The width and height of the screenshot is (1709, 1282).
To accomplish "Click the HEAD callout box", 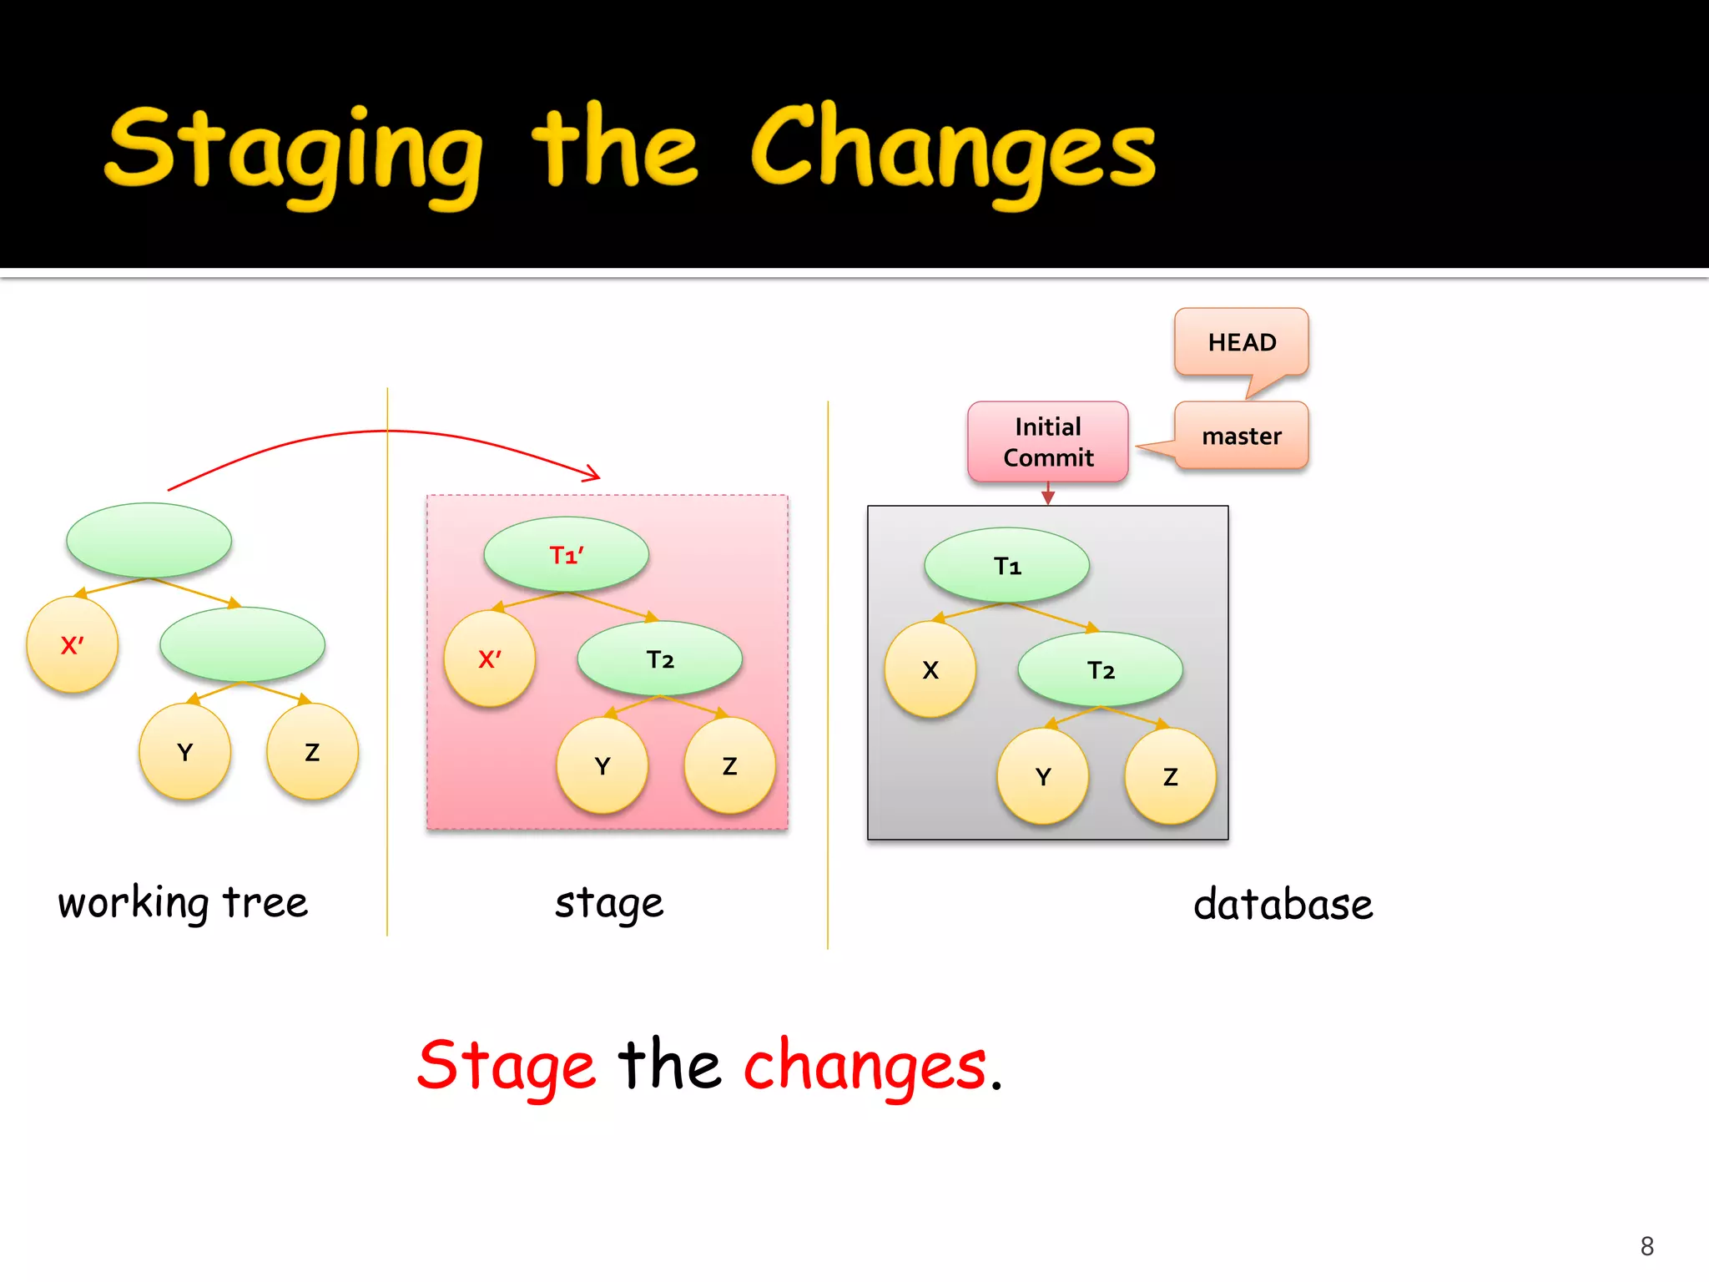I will (1241, 342).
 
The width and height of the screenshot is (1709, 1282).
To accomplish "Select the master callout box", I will (1241, 436).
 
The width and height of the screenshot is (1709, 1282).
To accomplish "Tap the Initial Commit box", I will (1047, 442).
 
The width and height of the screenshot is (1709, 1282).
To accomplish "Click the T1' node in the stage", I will (567, 555).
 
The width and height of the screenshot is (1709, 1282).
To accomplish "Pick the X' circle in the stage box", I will (490, 659).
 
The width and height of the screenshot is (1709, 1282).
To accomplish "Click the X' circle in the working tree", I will (73, 645).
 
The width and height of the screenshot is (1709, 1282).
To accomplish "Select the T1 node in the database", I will (1007, 566).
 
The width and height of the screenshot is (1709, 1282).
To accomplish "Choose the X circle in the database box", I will (930, 669).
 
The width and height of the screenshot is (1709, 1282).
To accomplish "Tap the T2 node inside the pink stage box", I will (660, 659).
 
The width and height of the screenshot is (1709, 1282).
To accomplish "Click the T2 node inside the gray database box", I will (1101, 669).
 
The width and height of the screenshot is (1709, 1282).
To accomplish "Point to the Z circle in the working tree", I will (312, 752).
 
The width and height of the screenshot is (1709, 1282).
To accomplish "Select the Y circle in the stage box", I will (602, 765).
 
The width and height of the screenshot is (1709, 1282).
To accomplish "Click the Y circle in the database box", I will (1043, 776).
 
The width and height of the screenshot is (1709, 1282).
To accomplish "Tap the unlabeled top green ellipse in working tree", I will (149, 540).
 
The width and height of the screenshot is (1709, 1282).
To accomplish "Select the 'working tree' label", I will (183, 902).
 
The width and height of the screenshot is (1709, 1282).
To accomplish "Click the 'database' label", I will (1283, 905).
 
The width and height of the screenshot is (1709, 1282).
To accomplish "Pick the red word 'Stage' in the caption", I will (507, 1066).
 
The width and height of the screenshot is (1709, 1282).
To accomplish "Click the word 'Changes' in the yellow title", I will (953, 150).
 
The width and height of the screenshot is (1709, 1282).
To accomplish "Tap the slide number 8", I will (1646, 1246).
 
